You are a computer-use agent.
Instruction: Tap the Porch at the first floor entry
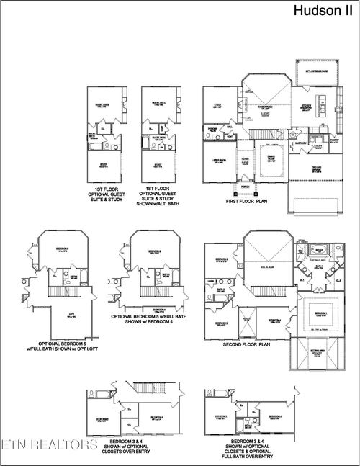point(246,185)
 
